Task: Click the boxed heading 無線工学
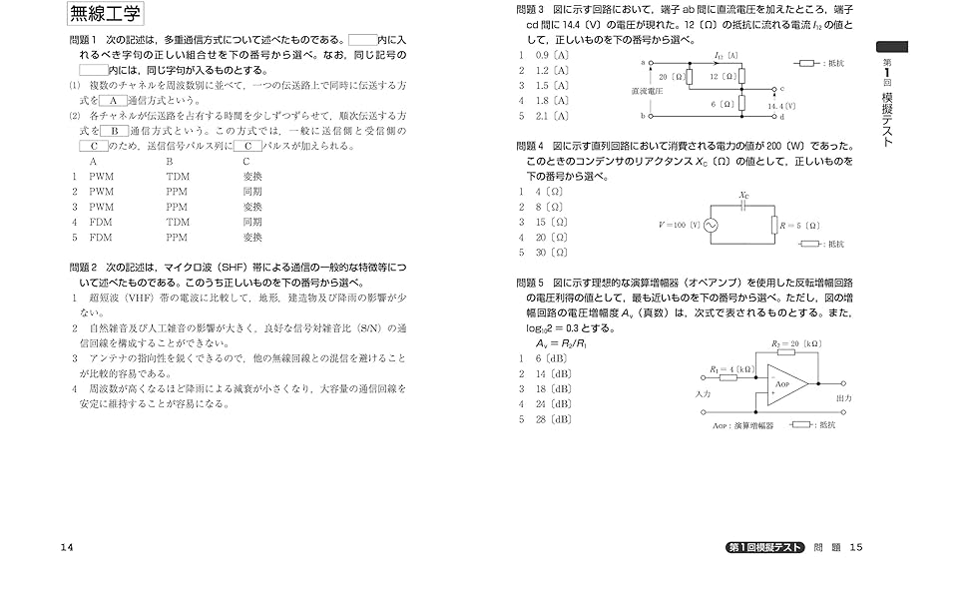click(105, 15)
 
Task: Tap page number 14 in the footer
click(67, 547)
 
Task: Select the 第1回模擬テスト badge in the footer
click(764, 547)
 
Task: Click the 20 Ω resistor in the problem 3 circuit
click(689, 76)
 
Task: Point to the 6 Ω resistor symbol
click(741, 103)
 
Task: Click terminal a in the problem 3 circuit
click(651, 62)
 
